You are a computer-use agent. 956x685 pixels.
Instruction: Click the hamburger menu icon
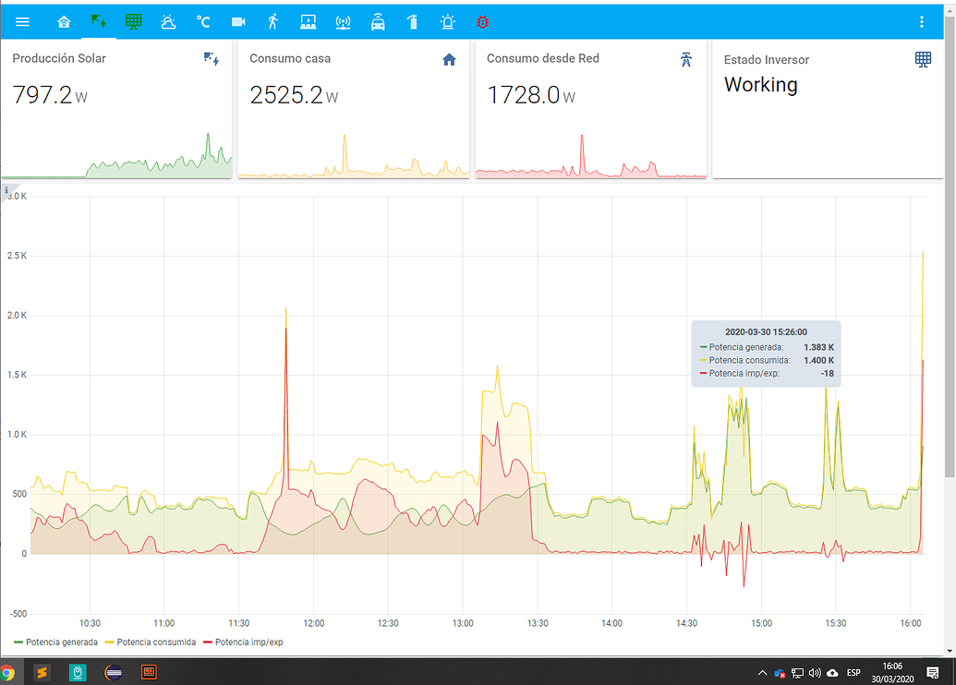click(x=22, y=21)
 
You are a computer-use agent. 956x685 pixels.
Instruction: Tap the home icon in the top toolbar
click(x=64, y=21)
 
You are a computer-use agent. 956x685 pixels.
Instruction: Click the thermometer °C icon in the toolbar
click(x=203, y=21)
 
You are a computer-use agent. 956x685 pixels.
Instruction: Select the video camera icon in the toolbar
click(x=238, y=21)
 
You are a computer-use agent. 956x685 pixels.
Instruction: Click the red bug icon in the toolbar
click(x=482, y=21)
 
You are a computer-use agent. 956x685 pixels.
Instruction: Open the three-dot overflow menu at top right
click(x=922, y=21)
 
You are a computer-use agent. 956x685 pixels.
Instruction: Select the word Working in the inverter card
click(x=760, y=85)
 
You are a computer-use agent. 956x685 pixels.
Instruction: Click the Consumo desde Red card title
click(x=542, y=58)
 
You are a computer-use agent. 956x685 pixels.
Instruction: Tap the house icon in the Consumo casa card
click(x=449, y=60)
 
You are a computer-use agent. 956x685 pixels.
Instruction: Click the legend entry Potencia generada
click(x=61, y=642)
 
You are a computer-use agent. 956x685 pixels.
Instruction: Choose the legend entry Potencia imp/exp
click(x=248, y=642)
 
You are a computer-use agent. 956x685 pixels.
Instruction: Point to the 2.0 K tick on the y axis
click(x=18, y=315)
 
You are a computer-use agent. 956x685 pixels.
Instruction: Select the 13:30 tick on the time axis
click(x=538, y=623)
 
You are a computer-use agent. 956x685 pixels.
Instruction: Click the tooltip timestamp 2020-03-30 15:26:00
click(x=766, y=331)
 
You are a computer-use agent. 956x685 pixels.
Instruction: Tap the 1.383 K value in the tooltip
click(x=818, y=347)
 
